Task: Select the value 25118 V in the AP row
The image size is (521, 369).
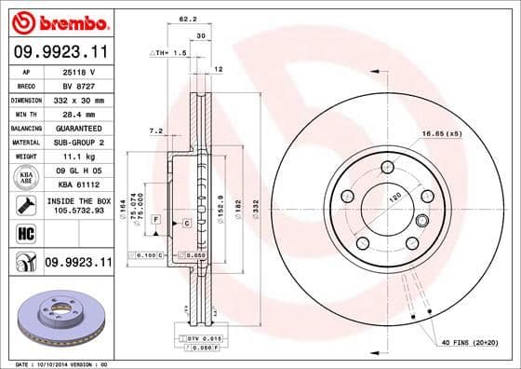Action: click(77, 72)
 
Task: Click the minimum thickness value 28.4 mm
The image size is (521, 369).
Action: click(77, 113)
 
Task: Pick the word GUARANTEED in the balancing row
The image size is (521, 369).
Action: click(77, 128)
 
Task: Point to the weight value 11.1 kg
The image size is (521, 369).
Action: click(77, 157)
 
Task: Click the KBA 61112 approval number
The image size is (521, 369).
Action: click(77, 184)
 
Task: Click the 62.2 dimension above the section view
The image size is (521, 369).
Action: click(187, 19)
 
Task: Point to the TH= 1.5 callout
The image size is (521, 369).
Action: click(168, 54)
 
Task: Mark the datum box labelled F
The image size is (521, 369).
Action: click(156, 218)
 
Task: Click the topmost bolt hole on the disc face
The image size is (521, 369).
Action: click(386, 168)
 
